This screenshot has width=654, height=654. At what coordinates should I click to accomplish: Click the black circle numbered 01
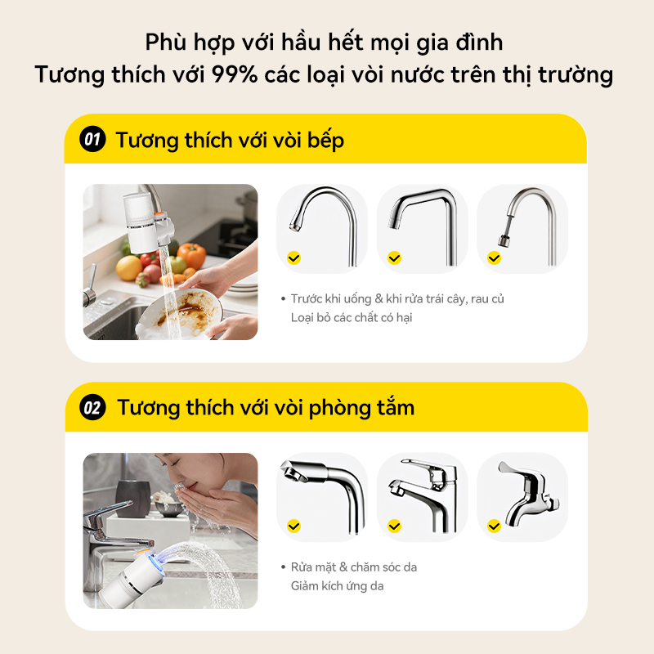coord(92,139)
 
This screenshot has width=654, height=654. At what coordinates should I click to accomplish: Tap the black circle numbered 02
coord(92,407)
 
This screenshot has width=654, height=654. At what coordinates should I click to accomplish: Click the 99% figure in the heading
coord(234,74)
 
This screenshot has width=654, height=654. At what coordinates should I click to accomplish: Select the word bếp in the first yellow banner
coord(325,140)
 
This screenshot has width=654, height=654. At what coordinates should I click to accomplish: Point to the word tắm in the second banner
coord(395,406)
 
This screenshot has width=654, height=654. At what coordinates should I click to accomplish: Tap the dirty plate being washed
coord(179,313)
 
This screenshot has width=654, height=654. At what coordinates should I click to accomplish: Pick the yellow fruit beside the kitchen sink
coord(129,268)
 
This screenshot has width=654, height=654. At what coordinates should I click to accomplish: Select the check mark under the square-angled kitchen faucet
coord(394,258)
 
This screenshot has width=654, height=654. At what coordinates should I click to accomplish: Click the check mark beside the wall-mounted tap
coord(495,526)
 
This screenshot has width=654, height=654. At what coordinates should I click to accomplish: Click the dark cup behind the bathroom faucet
coord(132,499)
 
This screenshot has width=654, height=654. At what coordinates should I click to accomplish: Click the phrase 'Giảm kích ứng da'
coord(337,586)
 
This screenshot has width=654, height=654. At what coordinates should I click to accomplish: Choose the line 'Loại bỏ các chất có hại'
coord(352,318)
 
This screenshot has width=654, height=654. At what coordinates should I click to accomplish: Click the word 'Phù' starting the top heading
coord(166,43)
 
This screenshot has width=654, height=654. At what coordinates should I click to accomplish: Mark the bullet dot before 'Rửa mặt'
coord(283,567)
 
